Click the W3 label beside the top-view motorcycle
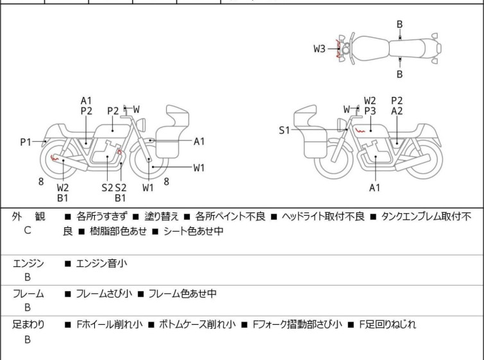[x=319, y=49]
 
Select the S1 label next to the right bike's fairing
[x=285, y=130]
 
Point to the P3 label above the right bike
[x=370, y=111]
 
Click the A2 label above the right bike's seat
[x=397, y=111]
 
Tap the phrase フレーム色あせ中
[x=182, y=293]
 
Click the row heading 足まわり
[x=29, y=324]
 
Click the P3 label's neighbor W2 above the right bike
[x=370, y=101]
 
